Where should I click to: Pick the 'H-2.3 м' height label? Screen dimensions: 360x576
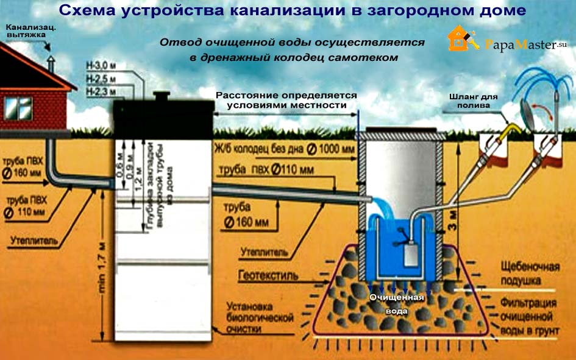pos(99,91)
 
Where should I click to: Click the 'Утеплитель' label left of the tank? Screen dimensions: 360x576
pos(34,242)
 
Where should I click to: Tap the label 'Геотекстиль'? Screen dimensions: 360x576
pos(269,275)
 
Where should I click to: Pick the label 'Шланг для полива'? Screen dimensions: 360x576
pos(474,101)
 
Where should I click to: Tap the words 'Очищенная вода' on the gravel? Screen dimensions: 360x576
pos(397,303)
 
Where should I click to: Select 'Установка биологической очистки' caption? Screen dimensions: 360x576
pos(259,317)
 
